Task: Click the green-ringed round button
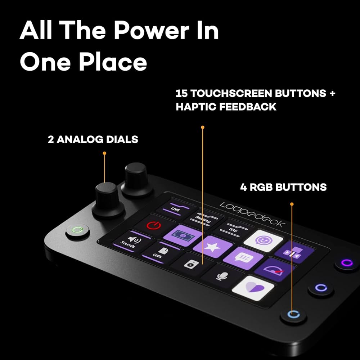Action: click(78, 230)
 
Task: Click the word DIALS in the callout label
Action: click(121, 139)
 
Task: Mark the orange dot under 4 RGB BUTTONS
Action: click(292, 204)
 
